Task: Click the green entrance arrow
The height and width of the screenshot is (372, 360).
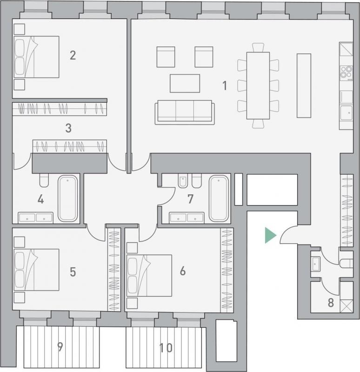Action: tap(270, 235)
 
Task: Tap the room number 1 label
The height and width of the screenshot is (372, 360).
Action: tap(225, 86)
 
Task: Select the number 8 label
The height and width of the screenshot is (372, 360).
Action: tap(331, 303)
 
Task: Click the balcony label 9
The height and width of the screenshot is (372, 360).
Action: tap(60, 347)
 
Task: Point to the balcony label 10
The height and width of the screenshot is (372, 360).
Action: tap(166, 348)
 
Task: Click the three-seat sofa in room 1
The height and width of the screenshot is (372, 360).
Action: tap(185, 112)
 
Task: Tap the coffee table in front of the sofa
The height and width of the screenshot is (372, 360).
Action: tap(185, 83)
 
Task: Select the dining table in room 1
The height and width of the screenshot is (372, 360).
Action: tap(258, 86)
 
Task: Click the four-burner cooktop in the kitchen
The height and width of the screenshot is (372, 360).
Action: tap(346, 72)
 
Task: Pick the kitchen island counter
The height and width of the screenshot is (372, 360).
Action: tap(304, 86)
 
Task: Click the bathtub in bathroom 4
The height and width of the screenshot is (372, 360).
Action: tap(67, 199)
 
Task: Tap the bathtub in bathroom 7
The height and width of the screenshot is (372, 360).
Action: tap(219, 199)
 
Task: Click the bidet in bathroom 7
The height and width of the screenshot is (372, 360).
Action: tap(183, 181)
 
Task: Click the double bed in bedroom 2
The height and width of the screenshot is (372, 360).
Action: tap(36, 57)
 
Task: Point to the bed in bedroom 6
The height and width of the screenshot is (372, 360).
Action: tap(149, 276)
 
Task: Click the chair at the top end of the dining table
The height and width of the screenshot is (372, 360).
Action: tap(258, 47)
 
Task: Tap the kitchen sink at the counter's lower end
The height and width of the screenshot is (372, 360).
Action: tap(346, 113)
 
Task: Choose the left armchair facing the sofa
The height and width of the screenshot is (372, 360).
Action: tap(166, 57)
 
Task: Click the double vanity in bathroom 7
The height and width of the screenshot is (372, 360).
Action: tap(187, 218)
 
